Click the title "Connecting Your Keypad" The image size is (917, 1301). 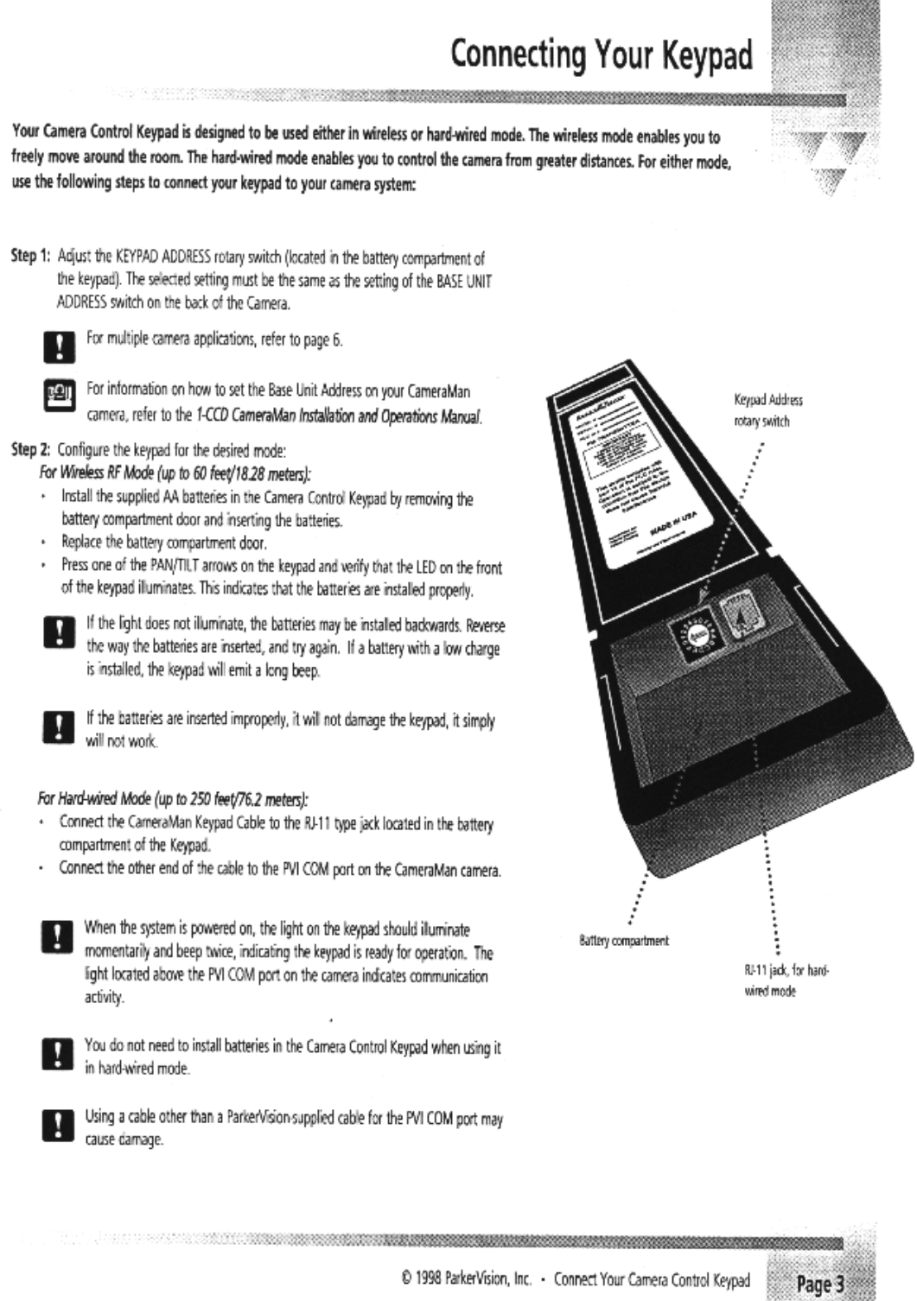(602, 55)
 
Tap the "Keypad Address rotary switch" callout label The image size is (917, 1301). (768, 411)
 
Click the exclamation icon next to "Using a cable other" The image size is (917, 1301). (56, 1123)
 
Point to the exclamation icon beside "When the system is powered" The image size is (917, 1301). (56, 936)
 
